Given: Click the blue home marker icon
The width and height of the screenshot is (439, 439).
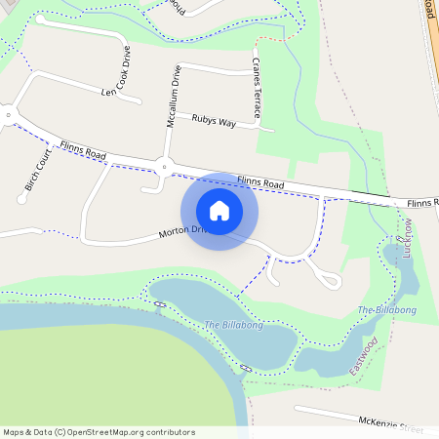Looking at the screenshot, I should (219, 211).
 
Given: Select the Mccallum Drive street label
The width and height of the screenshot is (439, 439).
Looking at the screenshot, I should (174, 98).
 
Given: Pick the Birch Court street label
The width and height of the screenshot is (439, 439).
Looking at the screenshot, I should (38, 170).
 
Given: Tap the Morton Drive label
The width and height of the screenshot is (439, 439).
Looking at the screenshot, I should (183, 232).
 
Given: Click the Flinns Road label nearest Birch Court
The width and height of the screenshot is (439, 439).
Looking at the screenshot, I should (83, 149).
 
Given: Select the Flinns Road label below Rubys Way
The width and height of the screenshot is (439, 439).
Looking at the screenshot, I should (259, 182).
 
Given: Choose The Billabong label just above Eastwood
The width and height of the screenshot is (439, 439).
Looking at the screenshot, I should (386, 310).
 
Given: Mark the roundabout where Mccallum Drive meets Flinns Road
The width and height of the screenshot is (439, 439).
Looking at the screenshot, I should (165, 167).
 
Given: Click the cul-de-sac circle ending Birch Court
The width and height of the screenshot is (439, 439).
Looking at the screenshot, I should (21, 199).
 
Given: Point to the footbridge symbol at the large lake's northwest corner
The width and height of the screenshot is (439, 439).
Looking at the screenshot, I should (159, 304).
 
